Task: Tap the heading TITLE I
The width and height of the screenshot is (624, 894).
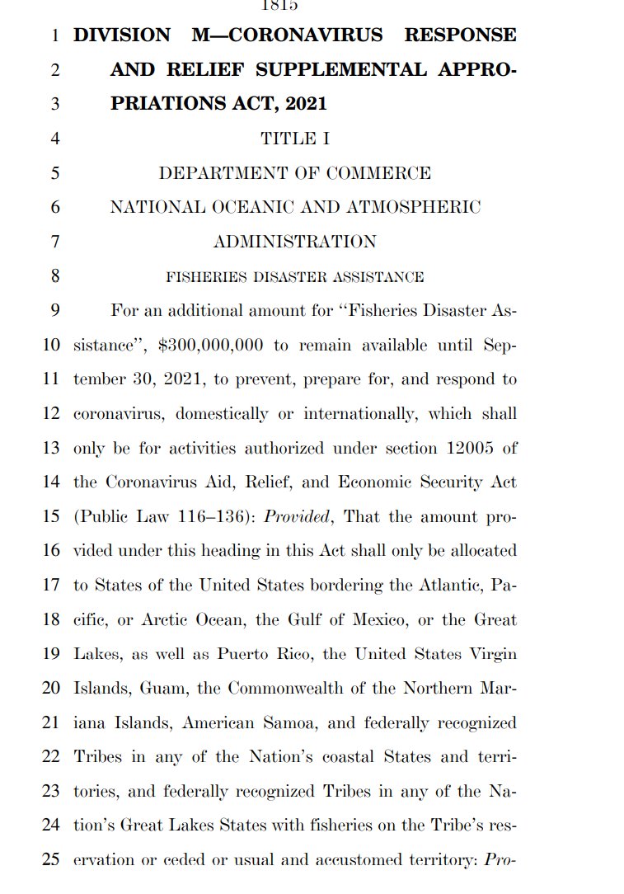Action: pyautogui.click(x=295, y=139)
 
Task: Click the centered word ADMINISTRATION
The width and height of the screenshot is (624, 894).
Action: pyautogui.click(x=295, y=242)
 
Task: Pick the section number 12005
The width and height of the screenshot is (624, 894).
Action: pyautogui.click(x=467, y=448)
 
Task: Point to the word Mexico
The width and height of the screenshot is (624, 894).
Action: pyautogui.click(x=373, y=619)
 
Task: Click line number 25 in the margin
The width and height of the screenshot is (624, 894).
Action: pyautogui.click(x=51, y=859)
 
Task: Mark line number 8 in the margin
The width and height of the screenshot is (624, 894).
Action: pyautogui.click(x=55, y=276)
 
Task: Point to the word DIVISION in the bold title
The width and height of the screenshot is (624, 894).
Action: pyautogui.click(x=122, y=35)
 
